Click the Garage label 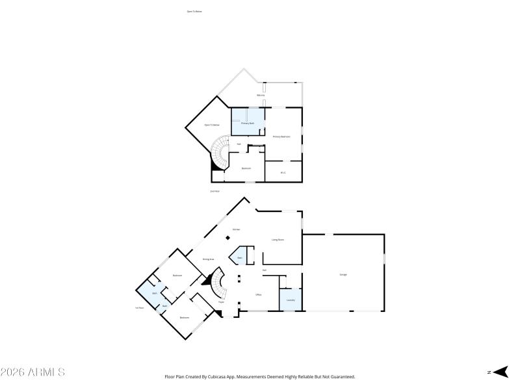[x=343, y=274]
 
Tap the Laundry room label [x=291, y=300]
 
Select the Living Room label [x=278, y=240]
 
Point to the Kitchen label [x=237, y=229]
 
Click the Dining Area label [x=209, y=259]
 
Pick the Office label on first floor [x=258, y=294]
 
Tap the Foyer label [x=221, y=302]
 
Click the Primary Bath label [x=248, y=123]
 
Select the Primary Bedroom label [x=281, y=136]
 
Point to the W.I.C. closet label [x=283, y=172]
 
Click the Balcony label [x=261, y=96]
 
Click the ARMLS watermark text [x=32, y=372]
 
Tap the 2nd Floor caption [x=214, y=191]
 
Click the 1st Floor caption [x=139, y=307]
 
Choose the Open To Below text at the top [x=194, y=11]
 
